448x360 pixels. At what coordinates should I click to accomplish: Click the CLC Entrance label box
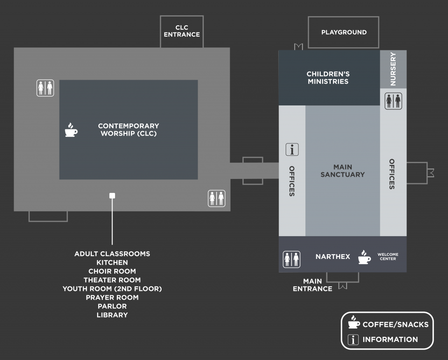pyautogui.click(x=182, y=31)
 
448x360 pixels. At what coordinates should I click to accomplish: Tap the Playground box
pyautogui.click(x=343, y=32)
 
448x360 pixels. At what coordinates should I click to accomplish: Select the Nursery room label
pyautogui.click(x=393, y=69)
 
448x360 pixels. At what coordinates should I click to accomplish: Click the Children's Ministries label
pyautogui.click(x=328, y=78)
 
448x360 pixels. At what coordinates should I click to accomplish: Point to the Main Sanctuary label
pyautogui.click(x=343, y=171)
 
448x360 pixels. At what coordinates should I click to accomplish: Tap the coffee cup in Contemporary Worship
pyautogui.click(x=71, y=130)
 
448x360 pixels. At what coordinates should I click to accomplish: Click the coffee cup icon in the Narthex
pyautogui.click(x=364, y=257)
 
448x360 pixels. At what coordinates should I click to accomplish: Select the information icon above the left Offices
pyautogui.click(x=292, y=150)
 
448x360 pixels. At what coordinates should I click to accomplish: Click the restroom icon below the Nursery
pyautogui.click(x=393, y=101)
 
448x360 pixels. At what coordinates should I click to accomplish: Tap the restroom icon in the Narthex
pyautogui.click(x=291, y=259)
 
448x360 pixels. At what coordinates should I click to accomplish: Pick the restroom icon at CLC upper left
pyautogui.click(x=45, y=88)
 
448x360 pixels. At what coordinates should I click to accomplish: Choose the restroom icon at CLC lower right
pyautogui.click(x=217, y=198)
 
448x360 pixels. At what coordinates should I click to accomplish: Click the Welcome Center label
pyautogui.click(x=388, y=257)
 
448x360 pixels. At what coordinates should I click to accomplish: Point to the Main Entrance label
pyautogui.click(x=312, y=285)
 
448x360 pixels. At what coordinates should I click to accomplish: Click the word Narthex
pyautogui.click(x=332, y=257)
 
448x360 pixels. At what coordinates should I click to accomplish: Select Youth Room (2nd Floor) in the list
pyautogui.click(x=112, y=289)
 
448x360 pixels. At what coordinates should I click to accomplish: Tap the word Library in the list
pyautogui.click(x=112, y=315)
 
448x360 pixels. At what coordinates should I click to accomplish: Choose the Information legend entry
pyautogui.click(x=383, y=339)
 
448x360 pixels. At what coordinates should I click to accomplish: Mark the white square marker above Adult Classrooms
pyautogui.click(x=112, y=196)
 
